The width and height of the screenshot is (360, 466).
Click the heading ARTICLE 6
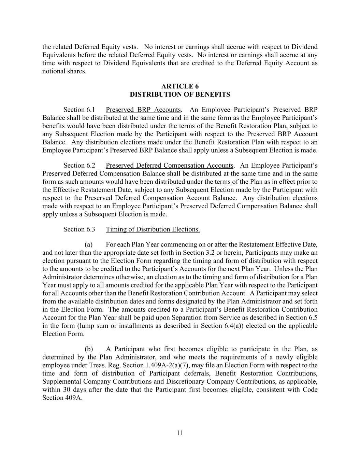pyautogui.click(x=180, y=86)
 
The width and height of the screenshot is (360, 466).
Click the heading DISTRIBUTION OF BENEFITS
pyautogui.click(x=180, y=95)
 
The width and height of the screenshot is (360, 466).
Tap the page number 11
pyautogui.click(x=180, y=433)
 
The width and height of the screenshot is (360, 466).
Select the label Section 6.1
pyautogui.click(x=79, y=110)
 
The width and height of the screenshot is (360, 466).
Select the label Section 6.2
pyautogui.click(x=79, y=166)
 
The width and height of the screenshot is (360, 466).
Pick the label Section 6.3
pyautogui.click(x=79, y=229)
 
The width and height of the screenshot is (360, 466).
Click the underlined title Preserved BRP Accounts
pyautogui.click(x=143, y=110)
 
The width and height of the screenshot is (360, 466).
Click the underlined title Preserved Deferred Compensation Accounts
pyautogui.click(x=170, y=166)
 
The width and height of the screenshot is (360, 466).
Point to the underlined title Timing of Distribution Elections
pyautogui.click(x=153, y=229)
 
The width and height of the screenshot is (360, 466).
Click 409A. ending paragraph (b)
pyautogui.click(x=73, y=398)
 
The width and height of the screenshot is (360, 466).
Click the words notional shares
pyautogui.click(x=64, y=71)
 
